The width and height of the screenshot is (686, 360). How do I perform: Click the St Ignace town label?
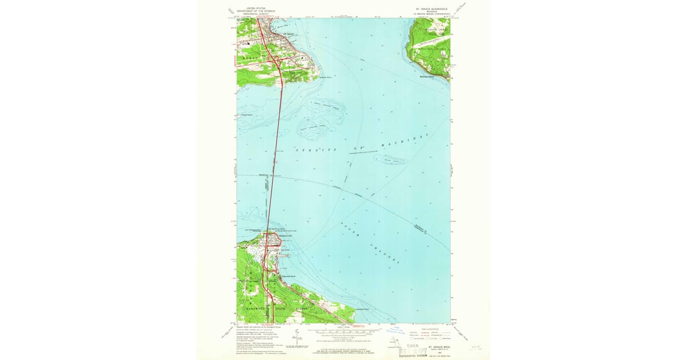(289, 34)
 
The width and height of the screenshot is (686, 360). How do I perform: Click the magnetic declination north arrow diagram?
(296, 338)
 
